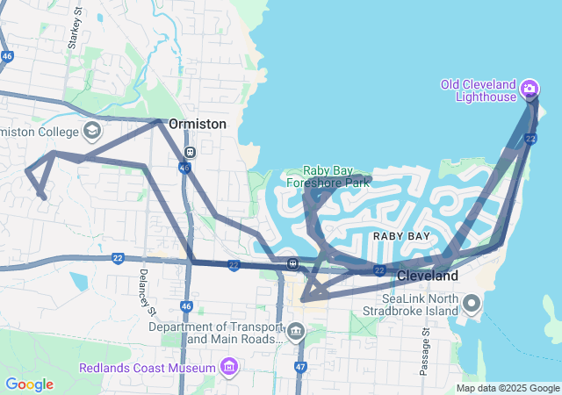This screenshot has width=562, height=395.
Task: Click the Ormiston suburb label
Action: pos(197,124)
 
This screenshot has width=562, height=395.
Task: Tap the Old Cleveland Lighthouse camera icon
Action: pos(530,88)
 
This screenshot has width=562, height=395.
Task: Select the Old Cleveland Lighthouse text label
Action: pos(479,90)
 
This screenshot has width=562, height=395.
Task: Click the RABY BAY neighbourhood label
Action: pos(401,236)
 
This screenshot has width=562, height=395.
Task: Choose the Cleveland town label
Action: pos(428,276)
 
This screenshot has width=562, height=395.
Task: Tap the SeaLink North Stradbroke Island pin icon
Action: pos(472,305)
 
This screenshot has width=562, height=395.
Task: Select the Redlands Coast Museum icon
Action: pos(230,365)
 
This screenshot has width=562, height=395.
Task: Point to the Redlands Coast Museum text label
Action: pos(148,367)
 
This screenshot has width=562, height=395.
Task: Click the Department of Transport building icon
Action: pos(295,332)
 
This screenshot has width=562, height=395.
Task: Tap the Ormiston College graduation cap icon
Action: pos(91,132)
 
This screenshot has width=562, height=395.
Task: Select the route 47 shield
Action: pos(300,366)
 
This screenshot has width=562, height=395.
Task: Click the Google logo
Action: pos(29,384)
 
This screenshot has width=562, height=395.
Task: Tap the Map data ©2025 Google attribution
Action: pos(508,388)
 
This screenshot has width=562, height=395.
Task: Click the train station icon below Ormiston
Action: pos(190,151)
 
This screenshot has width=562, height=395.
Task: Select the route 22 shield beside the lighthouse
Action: pos(530,139)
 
